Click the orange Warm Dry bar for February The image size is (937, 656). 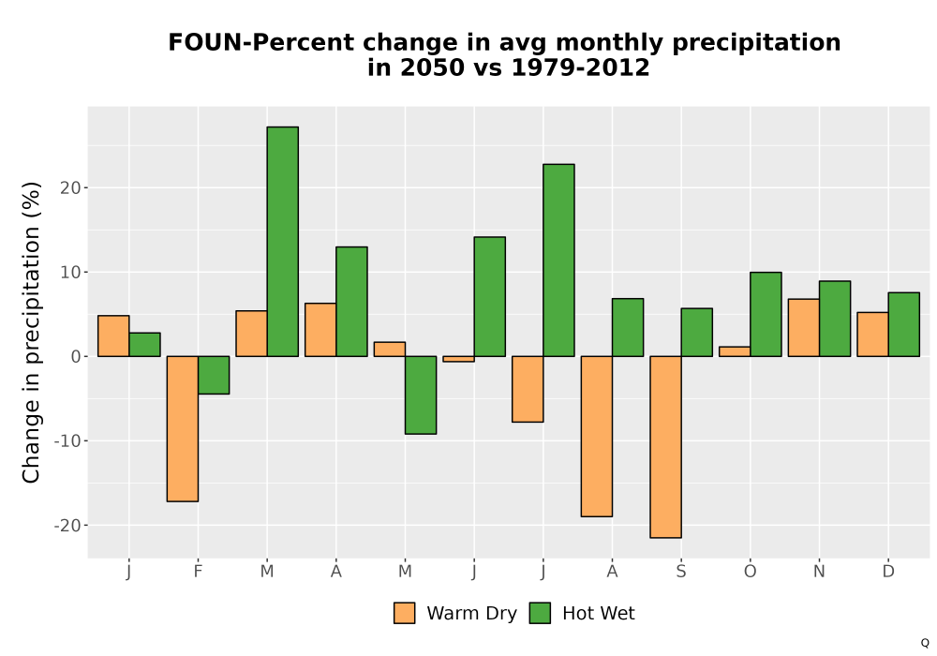pyautogui.click(x=183, y=428)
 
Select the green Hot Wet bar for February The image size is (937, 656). pyautogui.click(x=214, y=375)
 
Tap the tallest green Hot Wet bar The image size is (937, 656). pyautogui.click(x=283, y=242)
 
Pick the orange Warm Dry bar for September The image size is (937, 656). pyautogui.click(x=665, y=447)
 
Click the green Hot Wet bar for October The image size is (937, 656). pyautogui.click(x=766, y=314)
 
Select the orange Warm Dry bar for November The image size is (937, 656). pyautogui.click(x=804, y=327)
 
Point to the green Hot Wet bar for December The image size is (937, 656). pyautogui.click(x=903, y=324)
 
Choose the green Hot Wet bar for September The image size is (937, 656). pyautogui.click(x=697, y=332)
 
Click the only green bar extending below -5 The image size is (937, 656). pyautogui.click(x=421, y=395)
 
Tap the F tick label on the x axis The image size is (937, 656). pyautogui.click(x=198, y=572)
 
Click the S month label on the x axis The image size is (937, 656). pyautogui.click(x=681, y=572)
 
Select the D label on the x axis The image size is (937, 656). pyautogui.click(x=888, y=572)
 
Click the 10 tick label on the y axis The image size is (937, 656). pyautogui.click(x=70, y=273)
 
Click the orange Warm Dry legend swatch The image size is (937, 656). pyautogui.click(x=405, y=613)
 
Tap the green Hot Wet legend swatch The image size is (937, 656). pyautogui.click(x=540, y=613)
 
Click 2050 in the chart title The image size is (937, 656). pyautogui.click(x=432, y=67)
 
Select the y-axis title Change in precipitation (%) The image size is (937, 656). pyautogui.click(x=31, y=332)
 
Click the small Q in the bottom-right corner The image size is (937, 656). pyautogui.click(x=925, y=643)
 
